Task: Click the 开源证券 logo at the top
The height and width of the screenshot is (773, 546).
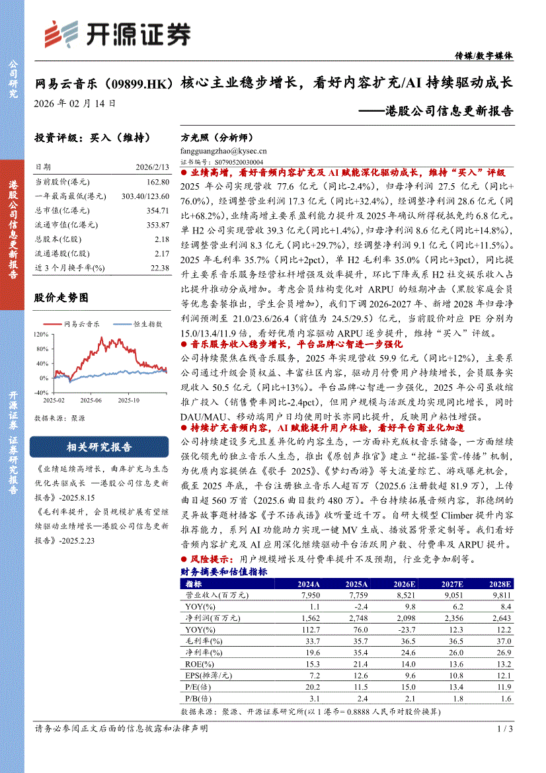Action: coord(116,33)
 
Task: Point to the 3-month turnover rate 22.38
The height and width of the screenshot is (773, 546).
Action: coord(160,268)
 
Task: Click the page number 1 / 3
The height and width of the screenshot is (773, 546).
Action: coord(504,729)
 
